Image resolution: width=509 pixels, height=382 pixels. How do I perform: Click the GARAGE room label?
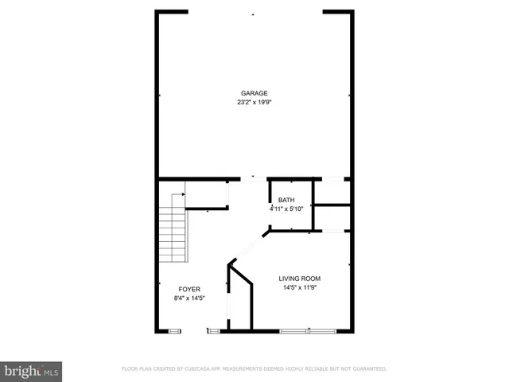pyautogui.click(x=254, y=93)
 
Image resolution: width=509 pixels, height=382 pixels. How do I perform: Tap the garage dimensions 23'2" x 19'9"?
pyautogui.click(x=254, y=103)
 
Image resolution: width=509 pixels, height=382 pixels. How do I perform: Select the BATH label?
pyautogui.click(x=286, y=201)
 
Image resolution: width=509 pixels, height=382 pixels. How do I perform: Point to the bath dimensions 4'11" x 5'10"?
pyautogui.click(x=286, y=209)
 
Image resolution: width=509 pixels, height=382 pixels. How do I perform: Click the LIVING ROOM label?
pyautogui.click(x=299, y=279)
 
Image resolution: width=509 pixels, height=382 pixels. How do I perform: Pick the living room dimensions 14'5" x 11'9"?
pyautogui.click(x=299, y=288)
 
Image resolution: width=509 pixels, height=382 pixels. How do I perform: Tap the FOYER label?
pyautogui.click(x=188, y=289)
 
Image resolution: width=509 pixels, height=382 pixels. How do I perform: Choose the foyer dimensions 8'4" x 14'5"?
pyautogui.click(x=188, y=298)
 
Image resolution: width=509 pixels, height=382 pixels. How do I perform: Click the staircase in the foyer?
pyautogui.click(x=172, y=235)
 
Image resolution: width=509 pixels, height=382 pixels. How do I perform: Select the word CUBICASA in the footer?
pyautogui.click(x=198, y=369)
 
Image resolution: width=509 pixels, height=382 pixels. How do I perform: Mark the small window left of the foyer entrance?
pyautogui.click(x=174, y=330)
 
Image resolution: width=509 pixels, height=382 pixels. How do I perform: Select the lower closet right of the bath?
pyautogui.click(x=332, y=218)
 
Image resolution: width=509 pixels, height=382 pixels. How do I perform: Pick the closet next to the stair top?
pyautogui.click(x=208, y=196)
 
